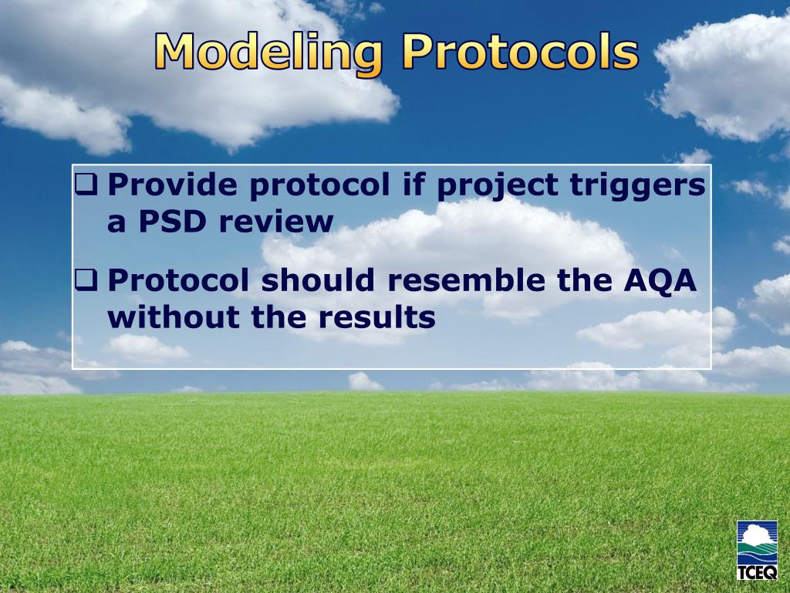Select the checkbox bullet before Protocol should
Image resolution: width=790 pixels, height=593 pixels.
pos(86,280)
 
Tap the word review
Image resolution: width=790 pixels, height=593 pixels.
pos(276,222)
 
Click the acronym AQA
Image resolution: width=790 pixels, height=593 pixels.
pos(660,280)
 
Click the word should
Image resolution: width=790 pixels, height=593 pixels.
pos(318,280)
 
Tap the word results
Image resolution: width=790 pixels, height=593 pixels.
pos(376,317)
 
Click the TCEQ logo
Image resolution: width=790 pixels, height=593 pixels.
pos(757,550)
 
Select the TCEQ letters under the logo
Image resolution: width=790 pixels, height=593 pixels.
pos(757,573)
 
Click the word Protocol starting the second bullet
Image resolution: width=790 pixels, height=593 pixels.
pos(178,280)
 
